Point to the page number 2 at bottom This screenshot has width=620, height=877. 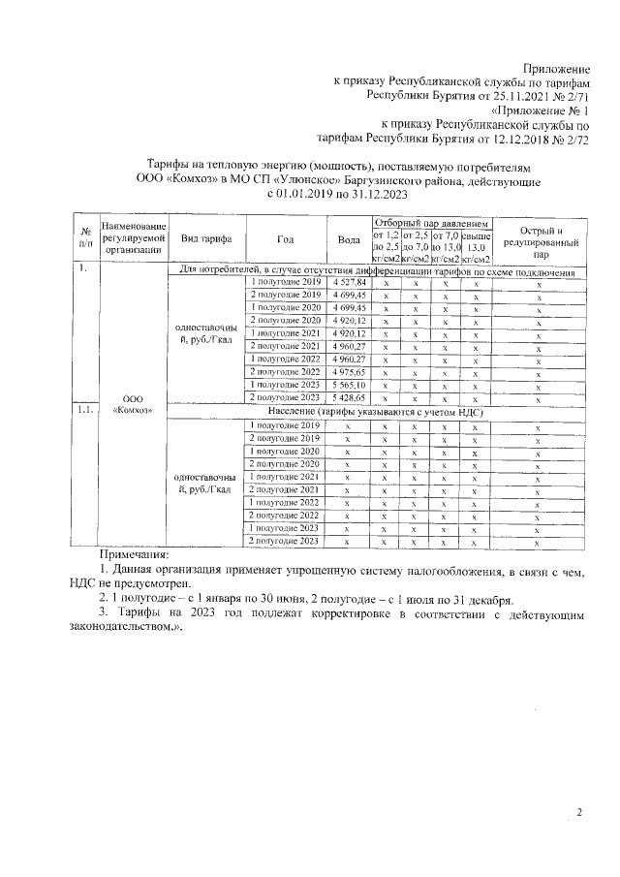(578, 813)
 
